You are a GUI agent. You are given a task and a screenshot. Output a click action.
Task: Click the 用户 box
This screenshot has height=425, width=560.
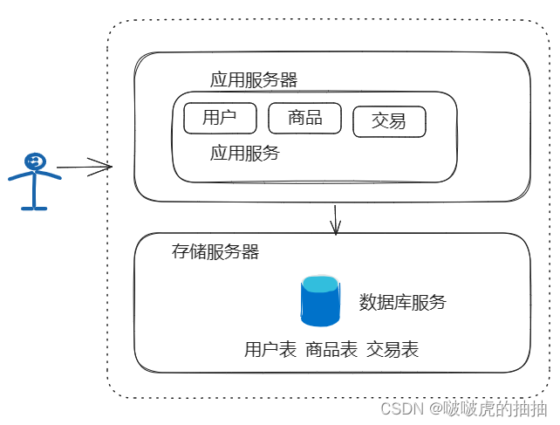coord(220,119)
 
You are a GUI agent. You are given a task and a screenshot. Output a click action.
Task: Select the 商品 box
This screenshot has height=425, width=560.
coord(304,118)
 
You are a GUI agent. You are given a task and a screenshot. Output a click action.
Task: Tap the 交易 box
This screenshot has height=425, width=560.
coord(389,122)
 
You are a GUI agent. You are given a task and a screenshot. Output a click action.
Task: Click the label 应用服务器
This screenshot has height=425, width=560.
coord(254,80)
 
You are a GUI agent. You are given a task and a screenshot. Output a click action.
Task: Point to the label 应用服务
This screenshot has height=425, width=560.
coord(245,154)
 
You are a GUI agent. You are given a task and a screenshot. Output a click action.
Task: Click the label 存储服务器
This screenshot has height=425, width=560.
coord(216,252)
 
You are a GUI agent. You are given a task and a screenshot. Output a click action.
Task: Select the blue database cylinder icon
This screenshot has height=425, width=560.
coord(319,302)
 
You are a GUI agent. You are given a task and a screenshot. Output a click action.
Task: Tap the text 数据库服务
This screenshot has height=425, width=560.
coord(402,303)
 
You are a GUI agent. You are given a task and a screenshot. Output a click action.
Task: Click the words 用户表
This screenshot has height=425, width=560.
coord(270,350)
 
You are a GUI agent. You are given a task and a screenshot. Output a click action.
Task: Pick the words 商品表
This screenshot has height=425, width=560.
coord(331,350)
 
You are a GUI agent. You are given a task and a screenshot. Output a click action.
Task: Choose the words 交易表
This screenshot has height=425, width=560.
coord(393,350)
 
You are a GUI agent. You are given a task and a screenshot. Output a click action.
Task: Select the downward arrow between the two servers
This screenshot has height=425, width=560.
coord(336,219)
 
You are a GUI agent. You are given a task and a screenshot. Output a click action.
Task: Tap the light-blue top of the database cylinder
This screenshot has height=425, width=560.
coord(319,284)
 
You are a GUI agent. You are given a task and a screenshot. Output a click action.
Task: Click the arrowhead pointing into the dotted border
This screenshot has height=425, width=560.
coord(108,166)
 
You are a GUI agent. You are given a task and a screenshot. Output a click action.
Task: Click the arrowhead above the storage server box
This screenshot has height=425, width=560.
coord(336,230)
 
